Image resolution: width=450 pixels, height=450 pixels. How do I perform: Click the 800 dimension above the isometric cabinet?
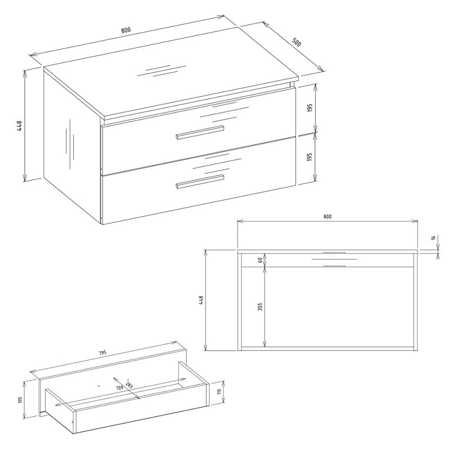pos(125,30)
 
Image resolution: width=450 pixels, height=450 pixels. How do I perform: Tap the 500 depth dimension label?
pos(296,42)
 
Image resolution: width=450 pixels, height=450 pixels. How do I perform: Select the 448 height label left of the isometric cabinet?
pos(20,125)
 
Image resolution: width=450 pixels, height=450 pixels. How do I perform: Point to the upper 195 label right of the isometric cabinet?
pos(309,107)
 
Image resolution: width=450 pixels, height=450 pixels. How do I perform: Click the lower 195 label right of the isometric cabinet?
pos(309,157)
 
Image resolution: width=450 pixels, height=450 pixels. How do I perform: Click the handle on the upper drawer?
pos(200,132)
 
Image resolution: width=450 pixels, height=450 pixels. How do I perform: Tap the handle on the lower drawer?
pos(200,181)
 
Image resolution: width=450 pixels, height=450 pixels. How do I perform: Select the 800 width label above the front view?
pos(327,217)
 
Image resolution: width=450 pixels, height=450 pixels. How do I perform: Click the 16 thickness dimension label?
pos(433,237)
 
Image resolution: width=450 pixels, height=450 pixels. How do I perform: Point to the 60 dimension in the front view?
pos(260,260)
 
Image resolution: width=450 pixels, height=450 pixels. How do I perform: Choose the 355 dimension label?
pos(260,307)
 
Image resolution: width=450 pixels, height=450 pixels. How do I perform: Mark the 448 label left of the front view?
pos(201,300)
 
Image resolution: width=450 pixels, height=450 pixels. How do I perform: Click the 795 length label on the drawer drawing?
pos(102,353)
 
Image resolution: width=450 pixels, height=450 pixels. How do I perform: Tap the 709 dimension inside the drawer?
pos(119,388)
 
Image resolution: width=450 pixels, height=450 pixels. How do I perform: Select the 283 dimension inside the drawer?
pos(129,385)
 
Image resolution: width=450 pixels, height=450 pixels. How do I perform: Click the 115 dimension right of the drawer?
pos(219,391)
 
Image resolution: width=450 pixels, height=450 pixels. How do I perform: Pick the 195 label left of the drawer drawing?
pos(20,400)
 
